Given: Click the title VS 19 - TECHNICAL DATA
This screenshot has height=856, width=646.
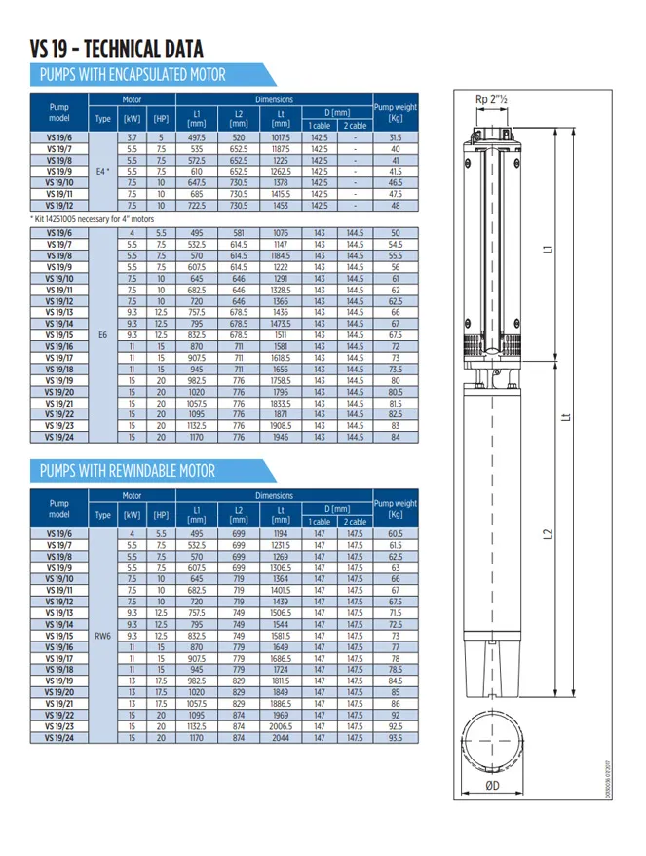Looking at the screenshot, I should (x=117, y=48).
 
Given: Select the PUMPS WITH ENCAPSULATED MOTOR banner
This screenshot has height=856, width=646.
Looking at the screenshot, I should (x=132, y=75).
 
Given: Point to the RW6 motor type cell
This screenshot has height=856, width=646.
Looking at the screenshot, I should (x=102, y=636).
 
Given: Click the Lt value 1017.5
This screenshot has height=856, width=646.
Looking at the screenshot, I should (x=281, y=138).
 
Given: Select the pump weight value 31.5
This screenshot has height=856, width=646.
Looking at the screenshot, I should (x=395, y=138).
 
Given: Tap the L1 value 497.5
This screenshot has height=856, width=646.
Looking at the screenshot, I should (x=197, y=138).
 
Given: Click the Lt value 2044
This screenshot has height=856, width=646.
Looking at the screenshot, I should (x=281, y=738).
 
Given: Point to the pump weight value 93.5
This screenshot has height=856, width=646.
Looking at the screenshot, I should (x=395, y=738).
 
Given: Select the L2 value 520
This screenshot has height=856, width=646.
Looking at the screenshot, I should (x=239, y=138).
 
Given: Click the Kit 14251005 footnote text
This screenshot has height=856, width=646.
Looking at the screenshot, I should (x=92, y=220).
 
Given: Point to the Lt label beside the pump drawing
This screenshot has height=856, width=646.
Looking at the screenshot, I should (x=567, y=416).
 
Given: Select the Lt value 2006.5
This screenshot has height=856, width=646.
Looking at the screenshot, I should (x=281, y=727).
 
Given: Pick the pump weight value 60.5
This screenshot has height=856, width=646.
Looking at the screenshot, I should (x=395, y=534).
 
